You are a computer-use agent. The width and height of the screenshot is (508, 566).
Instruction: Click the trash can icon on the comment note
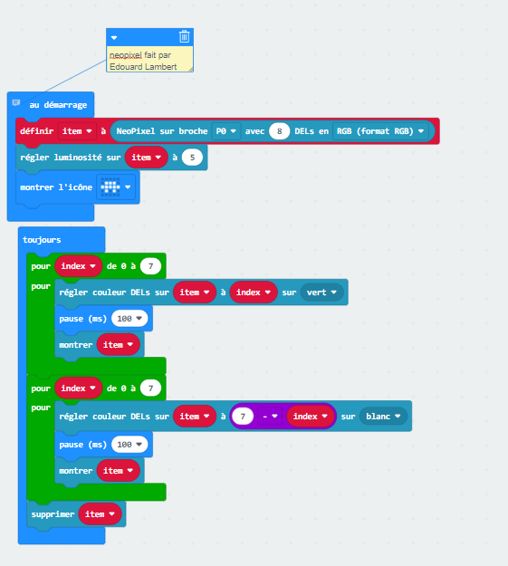point(184,36)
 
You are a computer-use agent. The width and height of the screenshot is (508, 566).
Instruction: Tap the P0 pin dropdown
point(225,131)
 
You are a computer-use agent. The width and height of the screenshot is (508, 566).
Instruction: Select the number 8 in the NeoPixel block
point(279,131)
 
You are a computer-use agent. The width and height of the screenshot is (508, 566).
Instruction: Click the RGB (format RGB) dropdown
point(380,131)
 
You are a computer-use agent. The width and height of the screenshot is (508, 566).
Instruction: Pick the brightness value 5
point(192,158)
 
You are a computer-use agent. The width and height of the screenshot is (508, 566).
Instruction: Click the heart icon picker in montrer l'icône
point(116,187)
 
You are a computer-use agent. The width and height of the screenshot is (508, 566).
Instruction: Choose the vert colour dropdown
point(321,293)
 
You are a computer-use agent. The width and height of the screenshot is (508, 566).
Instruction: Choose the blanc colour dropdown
point(383,417)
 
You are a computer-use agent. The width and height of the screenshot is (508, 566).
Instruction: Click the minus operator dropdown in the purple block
point(269,417)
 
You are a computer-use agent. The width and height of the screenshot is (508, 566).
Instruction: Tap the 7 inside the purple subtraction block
point(243,417)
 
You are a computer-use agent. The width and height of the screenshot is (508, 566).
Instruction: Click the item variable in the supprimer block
point(100,514)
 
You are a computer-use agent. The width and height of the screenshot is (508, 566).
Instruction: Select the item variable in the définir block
point(77,131)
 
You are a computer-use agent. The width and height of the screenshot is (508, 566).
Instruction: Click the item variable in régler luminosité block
point(146,158)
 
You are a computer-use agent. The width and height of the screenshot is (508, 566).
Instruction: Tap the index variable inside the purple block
point(311,417)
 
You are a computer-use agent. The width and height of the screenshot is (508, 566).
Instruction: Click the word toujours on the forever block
point(42,240)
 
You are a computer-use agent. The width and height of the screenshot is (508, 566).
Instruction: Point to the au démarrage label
point(58,105)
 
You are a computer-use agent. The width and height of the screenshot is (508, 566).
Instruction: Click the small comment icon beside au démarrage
point(16,103)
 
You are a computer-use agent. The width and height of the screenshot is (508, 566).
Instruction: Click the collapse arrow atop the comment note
point(114,37)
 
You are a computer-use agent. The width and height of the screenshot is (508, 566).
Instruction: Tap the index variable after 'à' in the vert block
point(254,293)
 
